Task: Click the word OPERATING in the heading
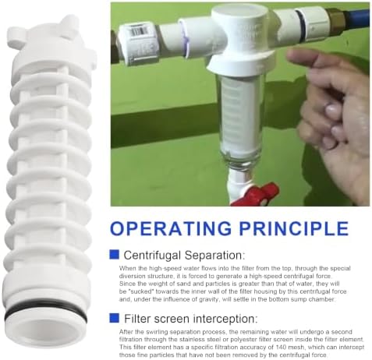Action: coord(171,228)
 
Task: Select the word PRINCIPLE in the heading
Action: coord(294,228)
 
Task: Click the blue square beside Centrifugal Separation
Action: coord(115,255)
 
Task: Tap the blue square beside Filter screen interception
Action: coord(115,318)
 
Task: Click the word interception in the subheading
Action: coord(225,319)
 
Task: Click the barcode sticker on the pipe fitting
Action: coord(139,30)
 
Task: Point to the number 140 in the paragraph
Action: coord(260,347)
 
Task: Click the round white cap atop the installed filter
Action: coord(239,13)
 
